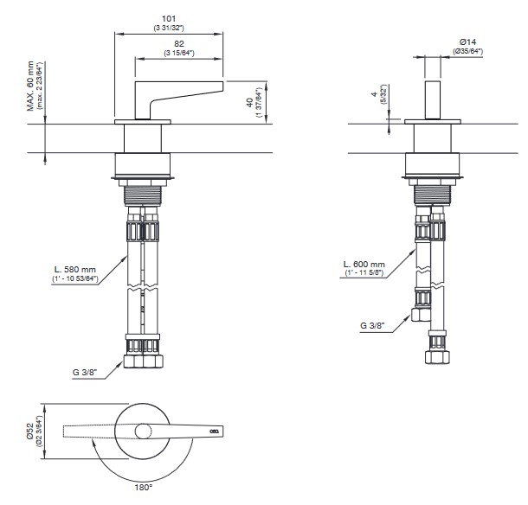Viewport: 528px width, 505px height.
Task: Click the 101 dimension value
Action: click(169, 18)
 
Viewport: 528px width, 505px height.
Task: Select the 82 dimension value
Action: click(179, 44)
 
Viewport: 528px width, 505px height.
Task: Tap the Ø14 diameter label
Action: click(467, 42)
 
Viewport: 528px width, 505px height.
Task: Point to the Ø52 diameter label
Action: click(30, 431)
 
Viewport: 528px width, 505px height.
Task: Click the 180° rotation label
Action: click(144, 487)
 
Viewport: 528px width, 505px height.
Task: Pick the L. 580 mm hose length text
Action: click(75, 270)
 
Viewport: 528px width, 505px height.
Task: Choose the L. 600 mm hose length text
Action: click(364, 265)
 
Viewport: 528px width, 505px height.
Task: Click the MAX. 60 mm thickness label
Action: click(30, 86)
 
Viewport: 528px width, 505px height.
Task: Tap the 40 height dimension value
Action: click(250, 102)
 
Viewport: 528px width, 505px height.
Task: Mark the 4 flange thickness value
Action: click(374, 94)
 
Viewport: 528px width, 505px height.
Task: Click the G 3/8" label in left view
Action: click(85, 372)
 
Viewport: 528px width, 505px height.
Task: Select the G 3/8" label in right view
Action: click(372, 325)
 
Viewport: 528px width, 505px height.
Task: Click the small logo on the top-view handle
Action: click(214, 431)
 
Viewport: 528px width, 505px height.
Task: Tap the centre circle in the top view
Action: click(143, 431)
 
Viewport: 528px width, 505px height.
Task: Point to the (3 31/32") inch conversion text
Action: click(169, 28)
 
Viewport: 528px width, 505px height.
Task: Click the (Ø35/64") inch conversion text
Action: click(467, 51)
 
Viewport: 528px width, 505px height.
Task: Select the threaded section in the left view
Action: click(144, 195)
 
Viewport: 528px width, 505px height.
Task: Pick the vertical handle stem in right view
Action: click(433, 100)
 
